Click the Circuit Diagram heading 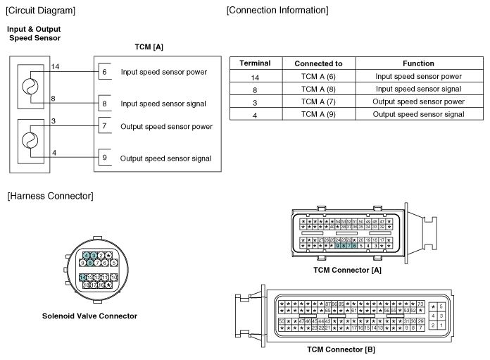41,10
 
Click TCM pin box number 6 103,72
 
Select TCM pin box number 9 103,158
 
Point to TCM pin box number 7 103,126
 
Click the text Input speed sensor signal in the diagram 163,104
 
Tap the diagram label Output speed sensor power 166,126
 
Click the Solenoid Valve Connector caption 89,316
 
